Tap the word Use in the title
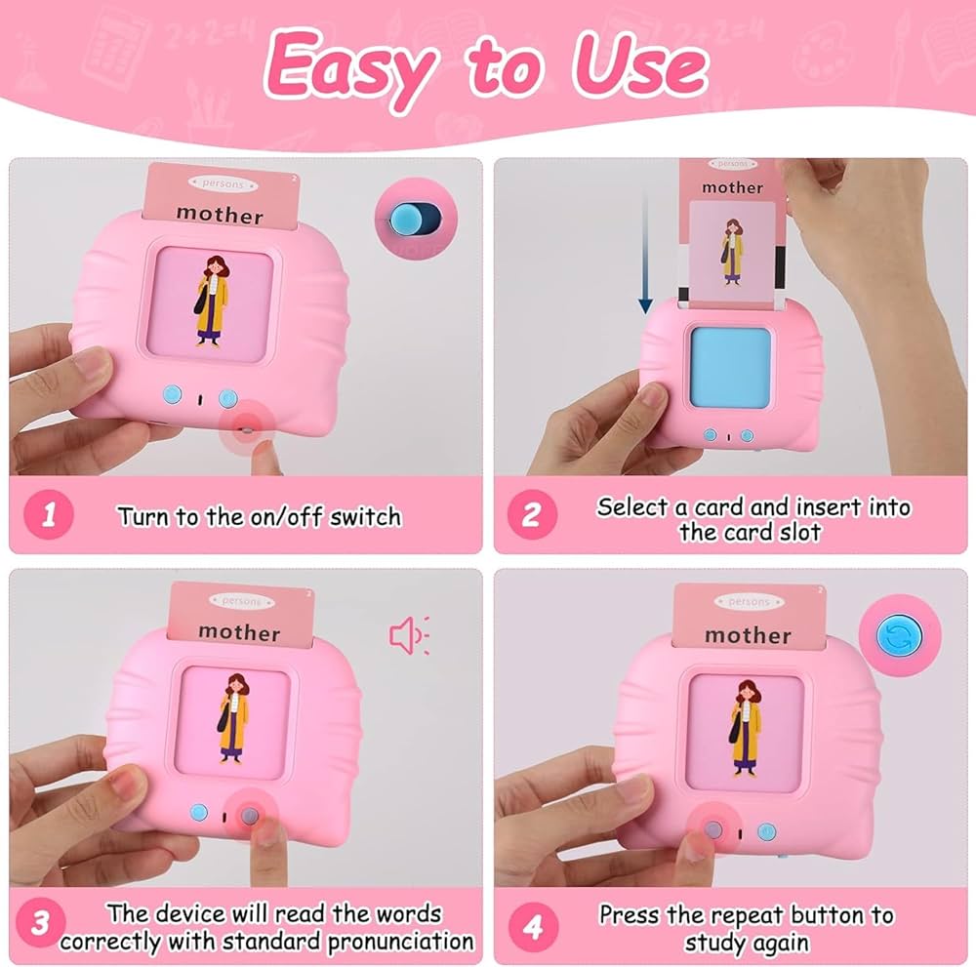pyautogui.click(x=640, y=65)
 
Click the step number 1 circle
pyautogui.click(x=49, y=514)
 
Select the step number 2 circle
pyautogui.click(x=532, y=514)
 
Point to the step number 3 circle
pyautogui.click(x=40, y=922)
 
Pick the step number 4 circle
pyautogui.click(x=534, y=927)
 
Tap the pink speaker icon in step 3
pyautogui.click(x=409, y=635)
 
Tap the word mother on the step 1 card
pyautogui.click(x=220, y=214)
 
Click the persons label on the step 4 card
pyautogui.click(x=749, y=602)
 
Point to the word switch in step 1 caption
pyautogui.click(x=365, y=517)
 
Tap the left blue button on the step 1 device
pyautogui.click(x=173, y=394)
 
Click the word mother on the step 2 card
pyautogui.click(x=732, y=187)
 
